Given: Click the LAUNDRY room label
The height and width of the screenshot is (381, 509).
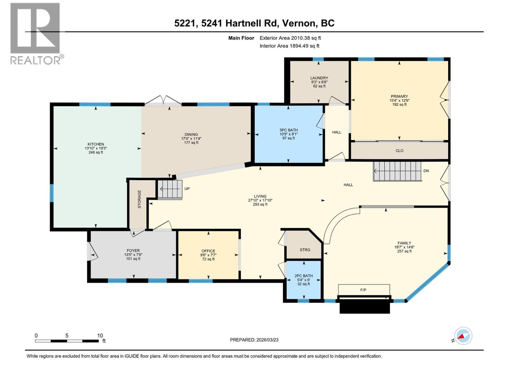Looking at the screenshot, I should pos(319,78).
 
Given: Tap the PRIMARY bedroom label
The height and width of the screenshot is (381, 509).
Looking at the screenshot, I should pos(399,96).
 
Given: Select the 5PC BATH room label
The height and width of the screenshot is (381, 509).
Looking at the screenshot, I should pos(289,130).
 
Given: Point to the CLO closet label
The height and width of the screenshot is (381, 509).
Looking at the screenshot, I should pos(399,151).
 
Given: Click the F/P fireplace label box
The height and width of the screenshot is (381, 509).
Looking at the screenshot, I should pos(364,290).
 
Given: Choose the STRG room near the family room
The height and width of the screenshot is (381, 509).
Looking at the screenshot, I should pos(305,250).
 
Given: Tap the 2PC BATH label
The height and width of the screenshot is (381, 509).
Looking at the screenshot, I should pos(303,276).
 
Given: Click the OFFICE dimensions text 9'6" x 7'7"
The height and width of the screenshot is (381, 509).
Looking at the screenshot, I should pos(208,255).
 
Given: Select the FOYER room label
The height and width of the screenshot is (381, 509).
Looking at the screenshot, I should pos(133,251).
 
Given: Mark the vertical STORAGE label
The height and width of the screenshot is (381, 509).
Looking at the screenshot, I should pos(139,199).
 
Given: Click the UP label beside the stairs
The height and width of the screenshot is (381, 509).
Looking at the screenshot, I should pos(187,189).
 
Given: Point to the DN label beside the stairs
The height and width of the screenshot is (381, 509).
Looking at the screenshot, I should pos(426,171).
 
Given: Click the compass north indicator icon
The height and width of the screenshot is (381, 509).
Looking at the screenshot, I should pos(463,336).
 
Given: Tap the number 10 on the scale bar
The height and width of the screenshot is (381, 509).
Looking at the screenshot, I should pos(100,336).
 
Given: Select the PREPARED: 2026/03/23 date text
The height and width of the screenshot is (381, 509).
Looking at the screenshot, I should pos(254,340).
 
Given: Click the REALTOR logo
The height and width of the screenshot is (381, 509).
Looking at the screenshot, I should pos(35,33).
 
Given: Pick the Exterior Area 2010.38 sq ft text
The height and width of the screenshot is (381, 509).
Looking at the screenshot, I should pos(290,38).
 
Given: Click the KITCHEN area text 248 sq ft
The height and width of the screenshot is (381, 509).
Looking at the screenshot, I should pos(95,152).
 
